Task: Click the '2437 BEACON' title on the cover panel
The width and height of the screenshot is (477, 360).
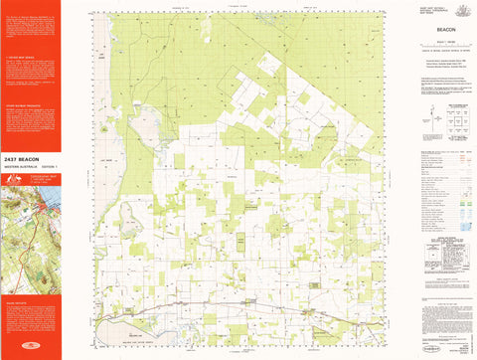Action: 24,159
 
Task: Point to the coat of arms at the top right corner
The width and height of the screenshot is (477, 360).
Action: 460,8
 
